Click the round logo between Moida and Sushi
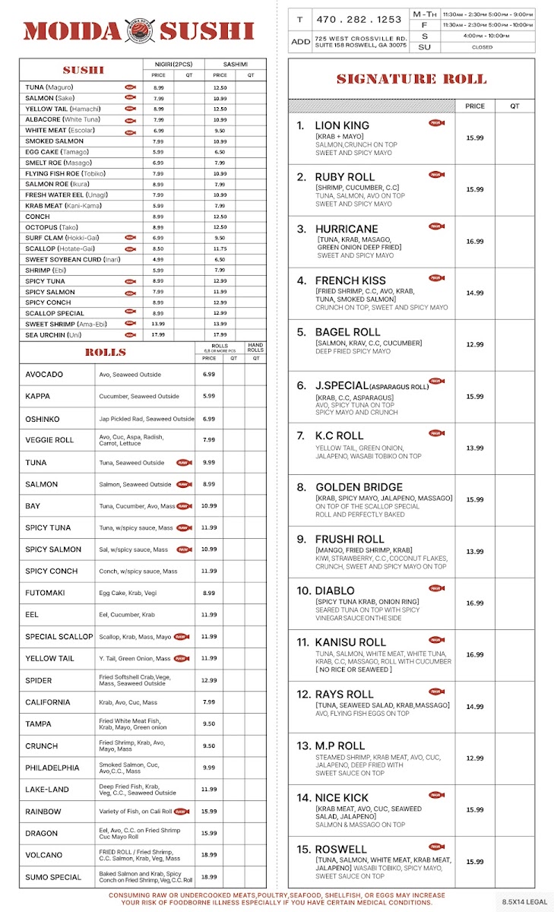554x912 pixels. [139, 31]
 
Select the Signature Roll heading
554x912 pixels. [411, 79]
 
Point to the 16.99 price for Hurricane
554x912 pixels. [475, 241]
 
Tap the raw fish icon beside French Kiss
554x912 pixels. [436, 278]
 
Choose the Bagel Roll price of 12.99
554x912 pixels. [475, 344]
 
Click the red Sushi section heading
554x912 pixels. [84, 70]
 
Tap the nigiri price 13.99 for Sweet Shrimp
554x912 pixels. [158, 324]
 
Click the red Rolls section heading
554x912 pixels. [106, 353]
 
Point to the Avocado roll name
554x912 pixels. [44, 375]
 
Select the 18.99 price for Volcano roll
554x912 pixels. [209, 855]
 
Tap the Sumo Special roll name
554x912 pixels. [53, 877]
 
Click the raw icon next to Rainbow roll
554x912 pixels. [181, 812]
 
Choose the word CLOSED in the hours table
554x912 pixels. [482, 47]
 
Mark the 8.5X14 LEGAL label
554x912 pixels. [524, 901]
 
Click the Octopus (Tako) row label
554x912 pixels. [51, 227]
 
